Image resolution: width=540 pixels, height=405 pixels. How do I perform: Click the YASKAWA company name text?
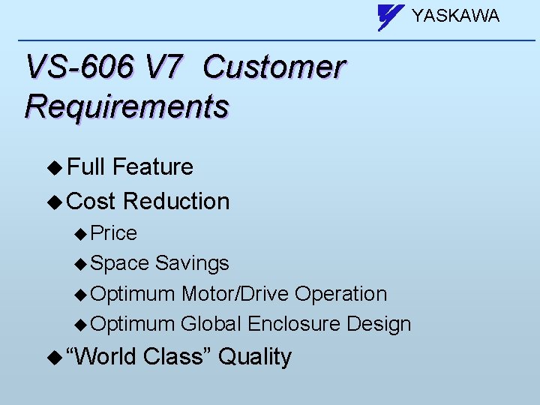(x=455, y=16)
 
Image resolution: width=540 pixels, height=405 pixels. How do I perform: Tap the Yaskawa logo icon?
(x=391, y=16)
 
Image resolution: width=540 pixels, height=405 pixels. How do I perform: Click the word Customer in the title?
(x=274, y=67)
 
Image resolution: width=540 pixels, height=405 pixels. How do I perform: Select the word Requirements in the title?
(x=126, y=106)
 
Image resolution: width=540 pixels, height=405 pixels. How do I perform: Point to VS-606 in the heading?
(x=79, y=67)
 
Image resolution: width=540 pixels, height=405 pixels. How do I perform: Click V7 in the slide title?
(x=163, y=67)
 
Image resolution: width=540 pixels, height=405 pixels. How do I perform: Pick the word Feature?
(x=153, y=166)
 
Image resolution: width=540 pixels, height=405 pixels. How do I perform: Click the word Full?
(x=86, y=166)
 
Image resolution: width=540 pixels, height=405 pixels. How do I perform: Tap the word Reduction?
(x=176, y=201)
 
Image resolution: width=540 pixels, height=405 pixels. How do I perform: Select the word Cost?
(x=91, y=201)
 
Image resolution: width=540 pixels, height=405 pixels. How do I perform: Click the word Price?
(x=113, y=233)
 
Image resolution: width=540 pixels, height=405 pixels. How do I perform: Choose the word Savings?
(x=192, y=263)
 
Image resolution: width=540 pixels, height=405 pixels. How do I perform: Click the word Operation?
(x=340, y=294)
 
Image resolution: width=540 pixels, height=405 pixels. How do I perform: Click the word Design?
(x=379, y=324)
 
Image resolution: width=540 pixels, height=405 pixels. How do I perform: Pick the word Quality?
(x=255, y=356)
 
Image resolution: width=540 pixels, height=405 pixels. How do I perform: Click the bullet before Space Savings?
(x=81, y=264)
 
